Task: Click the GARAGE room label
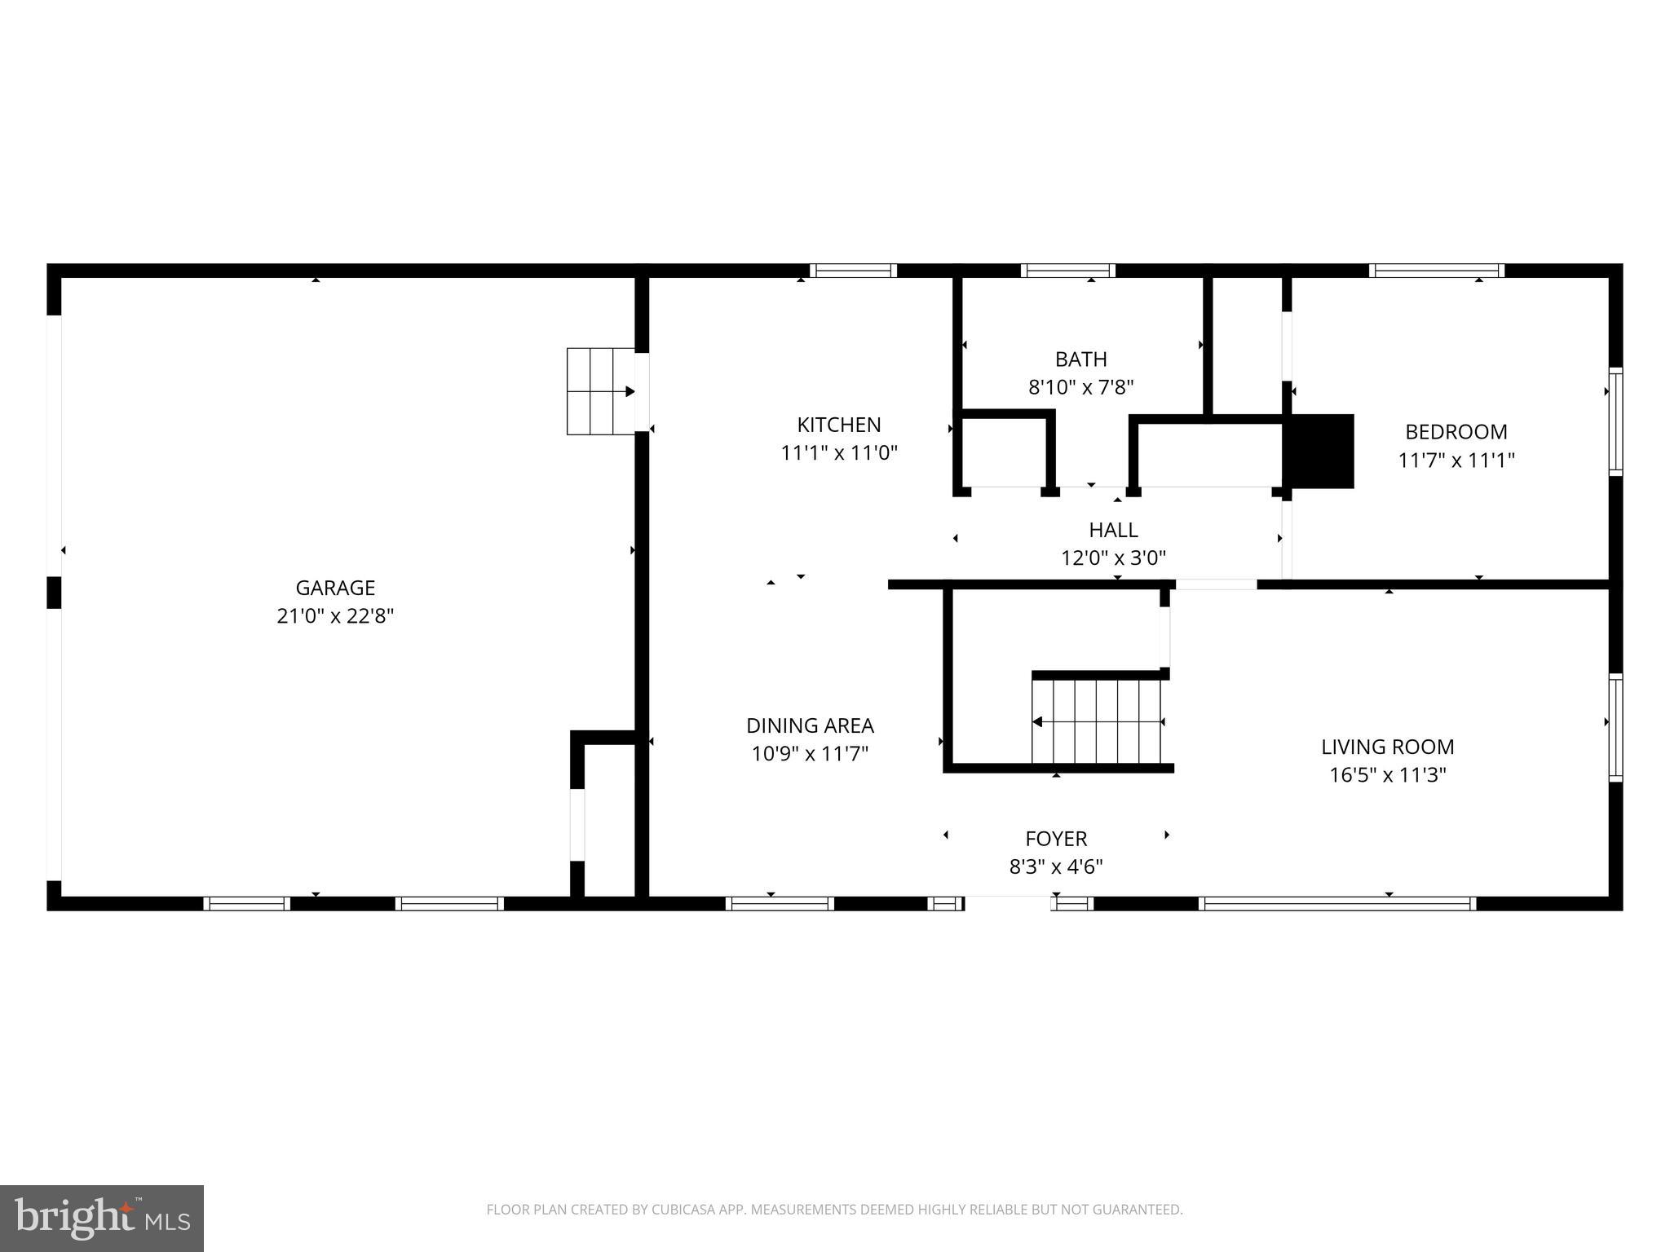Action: click(x=335, y=588)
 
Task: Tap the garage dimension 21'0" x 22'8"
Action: click(x=335, y=616)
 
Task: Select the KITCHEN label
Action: click(x=838, y=425)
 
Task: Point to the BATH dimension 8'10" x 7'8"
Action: click(x=1081, y=387)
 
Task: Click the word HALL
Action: click(x=1113, y=530)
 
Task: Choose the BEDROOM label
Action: click(x=1456, y=432)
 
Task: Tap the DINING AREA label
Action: click(x=810, y=725)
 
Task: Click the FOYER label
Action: click(x=1056, y=839)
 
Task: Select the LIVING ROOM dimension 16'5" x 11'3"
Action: click(x=1388, y=775)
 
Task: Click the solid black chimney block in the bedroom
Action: click(x=1319, y=452)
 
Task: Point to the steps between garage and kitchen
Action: click(x=601, y=391)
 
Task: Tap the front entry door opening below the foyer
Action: click(x=1008, y=903)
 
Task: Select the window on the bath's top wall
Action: click(x=1067, y=271)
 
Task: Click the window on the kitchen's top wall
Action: click(x=853, y=271)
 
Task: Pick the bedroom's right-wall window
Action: click(x=1615, y=421)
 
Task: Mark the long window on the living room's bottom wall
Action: click(x=1337, y=903)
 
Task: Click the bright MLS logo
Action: click(x=101, y=1219)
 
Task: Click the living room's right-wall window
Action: click(x=1615, y=728)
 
